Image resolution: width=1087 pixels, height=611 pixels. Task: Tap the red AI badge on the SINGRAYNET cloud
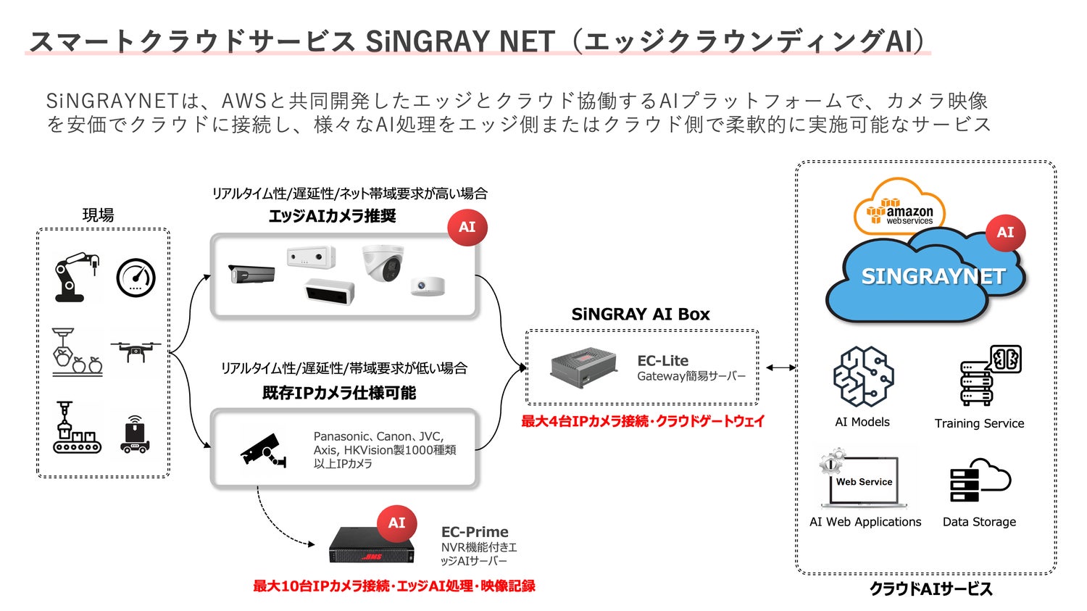point(1005,233)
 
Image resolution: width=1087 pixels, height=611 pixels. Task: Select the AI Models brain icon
point(862,376)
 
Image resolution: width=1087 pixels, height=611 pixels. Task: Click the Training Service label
point(979,423)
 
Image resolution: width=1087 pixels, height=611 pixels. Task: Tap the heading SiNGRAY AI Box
point(641,315)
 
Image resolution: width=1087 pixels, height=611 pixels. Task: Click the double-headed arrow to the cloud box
point(780,368)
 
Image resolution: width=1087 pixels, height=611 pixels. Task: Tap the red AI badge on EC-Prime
point(396,523)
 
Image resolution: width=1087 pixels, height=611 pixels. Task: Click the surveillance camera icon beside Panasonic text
point(262,450)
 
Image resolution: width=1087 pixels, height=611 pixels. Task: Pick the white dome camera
point(382,263)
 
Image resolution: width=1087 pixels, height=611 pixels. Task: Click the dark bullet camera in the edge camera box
point(251,275)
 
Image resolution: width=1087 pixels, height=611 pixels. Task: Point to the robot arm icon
point(76,276)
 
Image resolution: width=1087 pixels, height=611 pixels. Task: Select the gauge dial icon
point(136,278)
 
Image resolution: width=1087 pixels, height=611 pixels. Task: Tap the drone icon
point(136,351)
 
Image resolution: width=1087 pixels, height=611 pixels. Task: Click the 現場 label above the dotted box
point(98,215)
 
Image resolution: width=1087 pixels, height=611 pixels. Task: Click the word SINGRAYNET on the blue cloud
point(933,276)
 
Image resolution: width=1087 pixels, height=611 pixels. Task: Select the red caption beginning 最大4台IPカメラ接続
point(643,421)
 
